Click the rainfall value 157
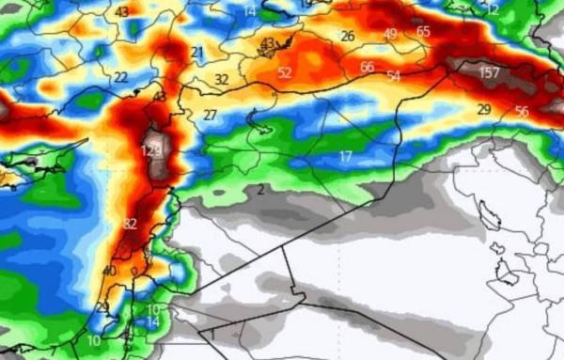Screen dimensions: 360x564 [489, 72]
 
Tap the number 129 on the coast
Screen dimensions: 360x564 [151, 150]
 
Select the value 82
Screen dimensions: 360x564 [130, 224]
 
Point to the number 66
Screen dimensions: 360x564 [368, 67]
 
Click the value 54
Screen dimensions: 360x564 [393, 75]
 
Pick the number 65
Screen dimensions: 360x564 [423, 31]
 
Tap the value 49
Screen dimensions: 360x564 [391, 34]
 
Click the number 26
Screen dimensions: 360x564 [347, 36]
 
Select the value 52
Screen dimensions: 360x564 [285, 72]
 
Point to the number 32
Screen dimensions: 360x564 [221, 80]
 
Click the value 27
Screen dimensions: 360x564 [210, 115]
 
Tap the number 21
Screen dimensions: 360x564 [196, 53]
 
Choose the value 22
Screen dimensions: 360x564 [120, 77]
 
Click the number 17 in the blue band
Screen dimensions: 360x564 [346, 155]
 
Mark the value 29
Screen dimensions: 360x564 [484, 110]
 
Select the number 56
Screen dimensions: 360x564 [522, 112]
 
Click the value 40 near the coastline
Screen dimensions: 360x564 [109, 271]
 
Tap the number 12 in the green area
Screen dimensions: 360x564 [493, 8]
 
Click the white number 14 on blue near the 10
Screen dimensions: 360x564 [152, 321]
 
